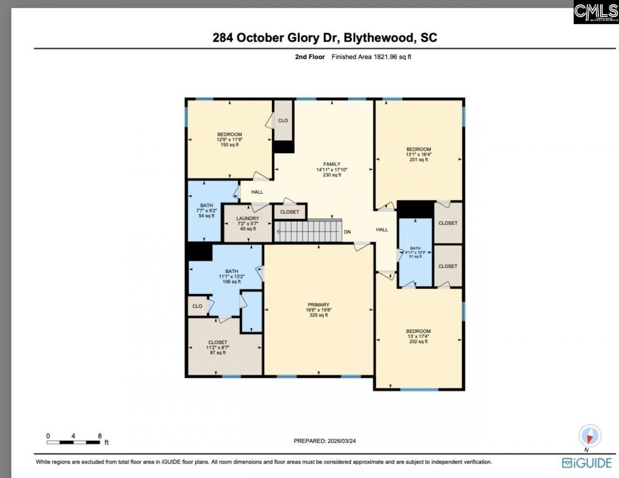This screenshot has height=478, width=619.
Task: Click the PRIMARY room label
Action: point(318,305)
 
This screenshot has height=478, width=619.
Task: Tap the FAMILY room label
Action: point(332,164)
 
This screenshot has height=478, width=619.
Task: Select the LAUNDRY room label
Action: point(248,218)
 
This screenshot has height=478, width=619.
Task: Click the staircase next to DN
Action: point(308,231)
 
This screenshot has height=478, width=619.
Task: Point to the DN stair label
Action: point(347,232)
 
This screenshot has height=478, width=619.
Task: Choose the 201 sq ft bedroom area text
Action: point(418,160)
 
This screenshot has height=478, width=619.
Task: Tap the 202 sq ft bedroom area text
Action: point(418,341)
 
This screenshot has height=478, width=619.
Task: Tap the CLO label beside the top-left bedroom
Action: point(283,121)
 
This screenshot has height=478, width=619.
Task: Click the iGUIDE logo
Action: point(587,463)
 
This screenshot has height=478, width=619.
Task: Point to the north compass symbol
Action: point(590,436)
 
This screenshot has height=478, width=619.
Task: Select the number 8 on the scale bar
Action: point(100,436)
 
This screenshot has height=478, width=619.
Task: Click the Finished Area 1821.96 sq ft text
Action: point(371,57)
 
